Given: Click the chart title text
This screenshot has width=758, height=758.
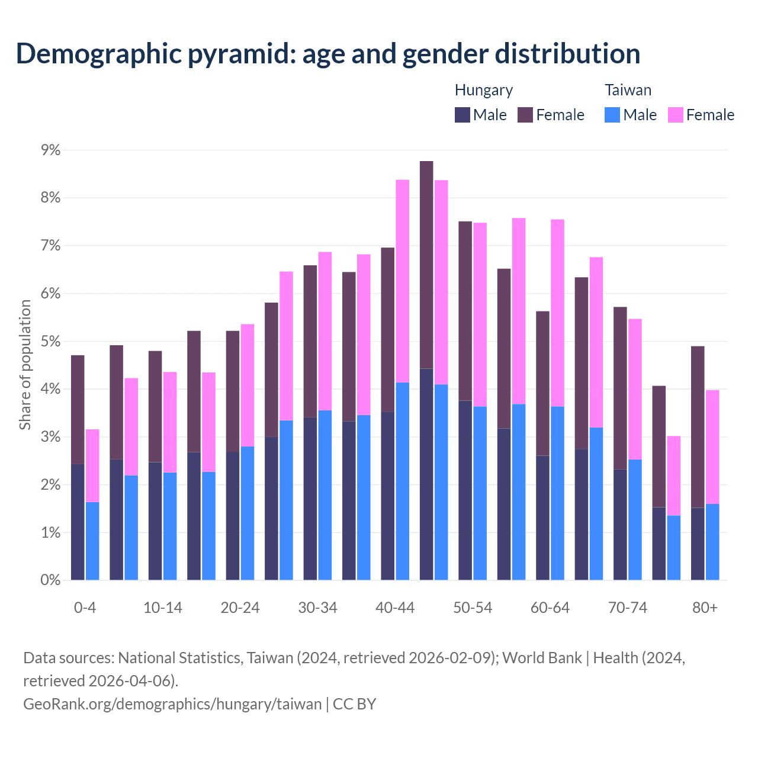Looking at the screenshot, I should [x=328, y=53].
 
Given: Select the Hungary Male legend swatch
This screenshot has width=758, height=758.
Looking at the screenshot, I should [x=462, y=115].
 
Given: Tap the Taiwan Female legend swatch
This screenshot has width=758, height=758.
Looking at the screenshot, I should [x=676, y=115].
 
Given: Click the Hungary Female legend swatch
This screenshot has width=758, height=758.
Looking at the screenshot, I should [x=525, y=115].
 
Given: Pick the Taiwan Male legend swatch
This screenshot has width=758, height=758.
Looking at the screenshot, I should [x=612, y=115].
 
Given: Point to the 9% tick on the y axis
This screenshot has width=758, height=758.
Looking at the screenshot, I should [x=51, y=150].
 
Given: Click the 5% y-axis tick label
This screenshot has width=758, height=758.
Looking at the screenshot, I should [x=51, y=342].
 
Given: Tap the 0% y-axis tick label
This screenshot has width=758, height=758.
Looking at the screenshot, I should [x=51, y=580].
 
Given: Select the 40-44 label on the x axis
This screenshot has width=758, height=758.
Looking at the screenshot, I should [x=395, y=608].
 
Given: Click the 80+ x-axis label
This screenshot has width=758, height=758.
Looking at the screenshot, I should [x=705, y=608].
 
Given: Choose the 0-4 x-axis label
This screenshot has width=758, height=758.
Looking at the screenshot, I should [x=85, y=608].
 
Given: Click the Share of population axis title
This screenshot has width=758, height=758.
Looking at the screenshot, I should [x=25, y=365].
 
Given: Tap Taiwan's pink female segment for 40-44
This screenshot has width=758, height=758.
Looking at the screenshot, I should [x=403, y=281].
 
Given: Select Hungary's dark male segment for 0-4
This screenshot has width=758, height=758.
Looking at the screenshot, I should [x=78, y=521].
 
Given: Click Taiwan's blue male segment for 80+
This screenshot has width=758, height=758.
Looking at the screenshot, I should [x=712, y=542].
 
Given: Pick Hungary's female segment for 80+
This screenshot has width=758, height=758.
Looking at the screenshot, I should [x=698, y=426].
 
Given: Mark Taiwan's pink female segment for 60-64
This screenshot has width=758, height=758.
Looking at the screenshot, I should [x=557, y=313].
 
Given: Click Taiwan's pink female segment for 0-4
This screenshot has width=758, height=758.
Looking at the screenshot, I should [x=92, y=465].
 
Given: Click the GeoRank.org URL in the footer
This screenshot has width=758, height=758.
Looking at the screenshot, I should [x=172, y=704].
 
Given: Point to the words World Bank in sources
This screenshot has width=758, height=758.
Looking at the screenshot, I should [x=542, y=658].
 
